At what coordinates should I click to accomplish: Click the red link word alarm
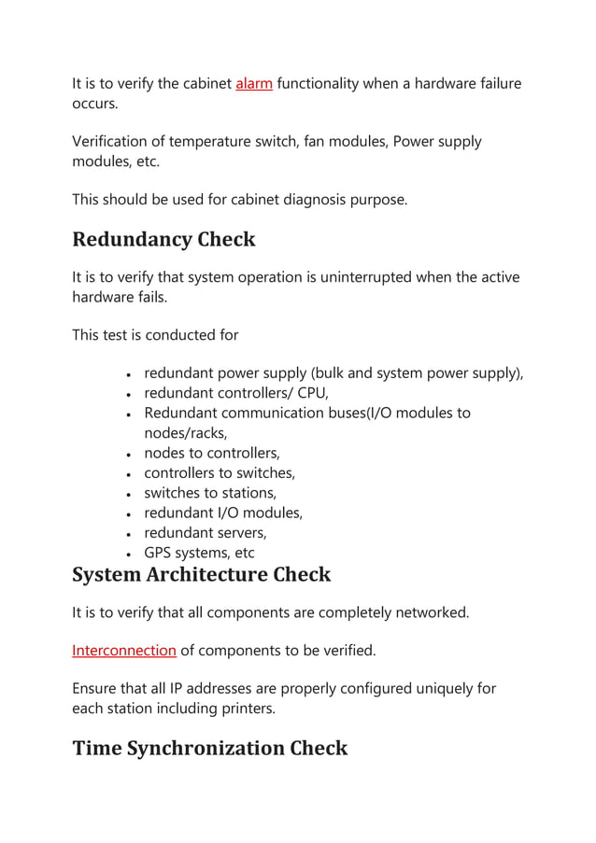(254, 84)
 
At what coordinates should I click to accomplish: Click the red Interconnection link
(124, 650)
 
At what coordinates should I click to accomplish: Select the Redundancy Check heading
(163, 239)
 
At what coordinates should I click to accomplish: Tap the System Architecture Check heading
(201, 573)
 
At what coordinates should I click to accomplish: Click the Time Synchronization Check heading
(209, 748)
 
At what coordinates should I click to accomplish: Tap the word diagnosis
(310, 199)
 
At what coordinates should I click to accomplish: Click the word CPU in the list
(310, 393)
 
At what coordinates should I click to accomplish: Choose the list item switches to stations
(210, 492)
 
